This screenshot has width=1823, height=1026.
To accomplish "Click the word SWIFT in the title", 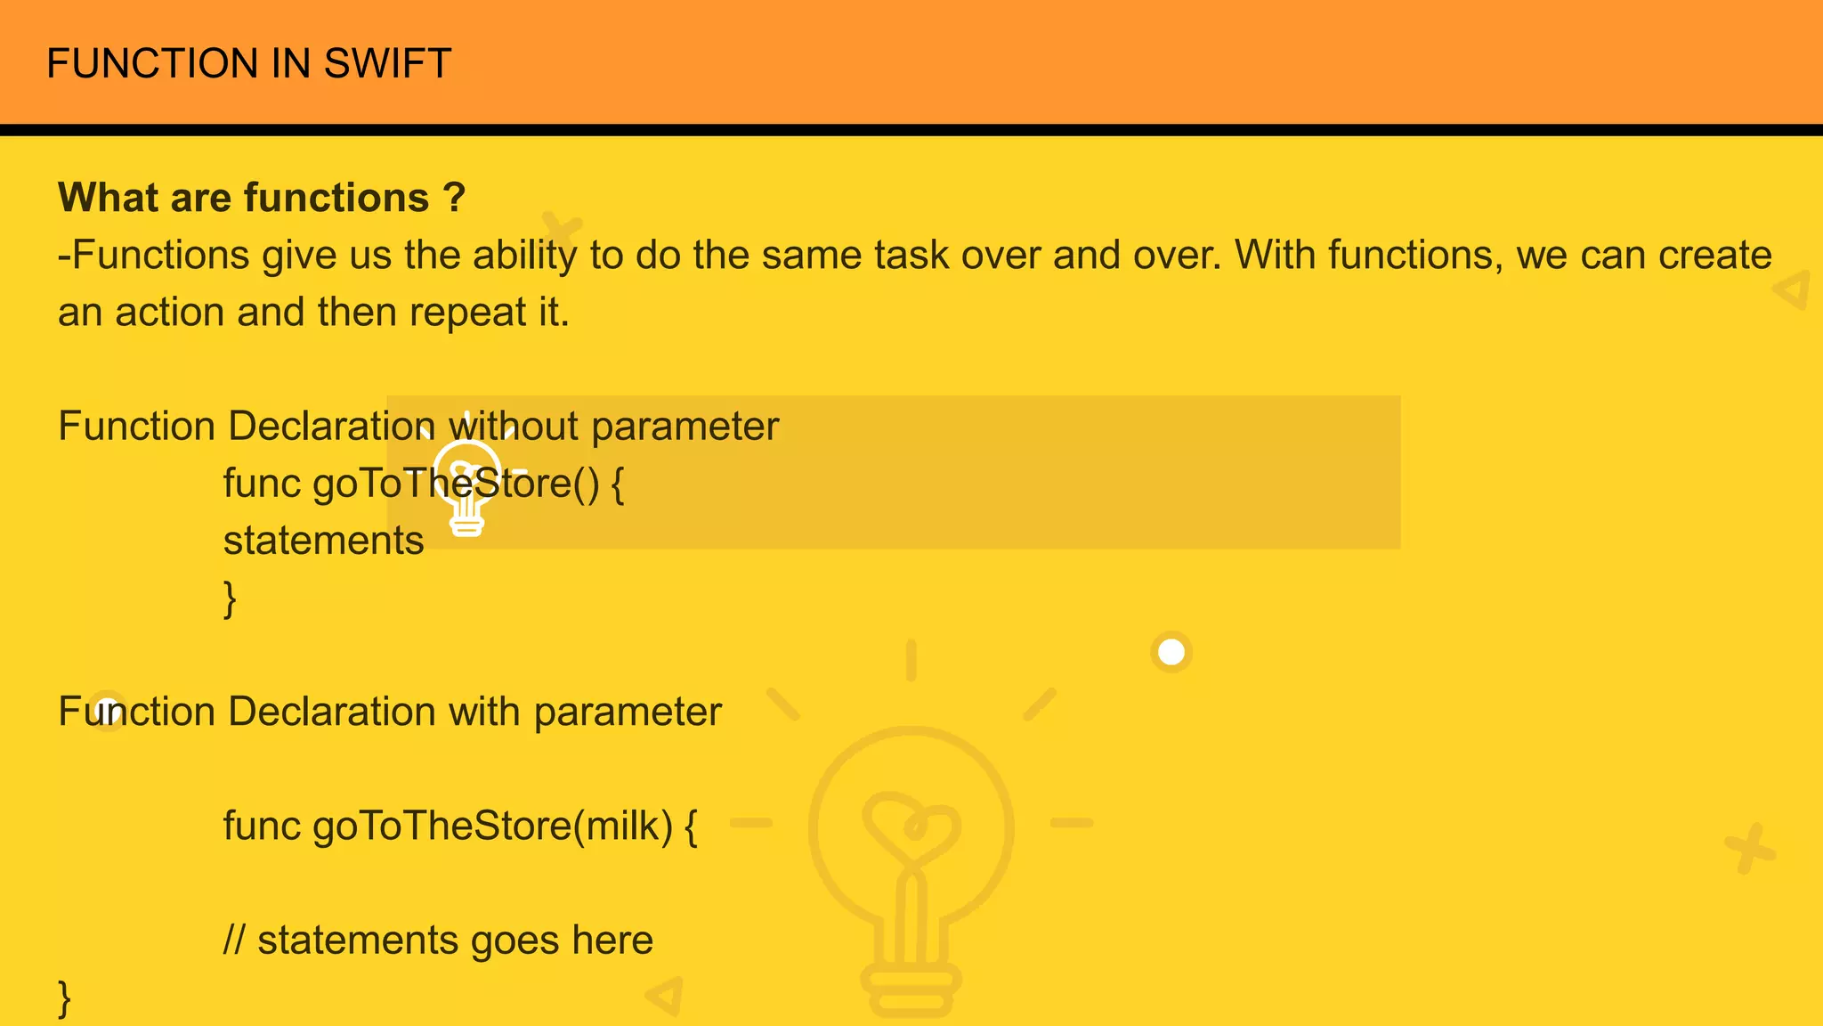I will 387,64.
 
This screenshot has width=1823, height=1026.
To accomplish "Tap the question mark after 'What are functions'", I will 454,198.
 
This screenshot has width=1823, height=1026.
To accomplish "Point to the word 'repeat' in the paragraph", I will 468,313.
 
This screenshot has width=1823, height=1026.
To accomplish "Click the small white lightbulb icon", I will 467,485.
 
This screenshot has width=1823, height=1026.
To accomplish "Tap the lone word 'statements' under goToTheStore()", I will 323,541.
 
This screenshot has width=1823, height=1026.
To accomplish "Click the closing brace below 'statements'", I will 230,598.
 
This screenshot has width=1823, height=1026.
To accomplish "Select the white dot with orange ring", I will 1171,653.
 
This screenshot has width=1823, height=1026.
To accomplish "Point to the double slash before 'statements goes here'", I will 234,940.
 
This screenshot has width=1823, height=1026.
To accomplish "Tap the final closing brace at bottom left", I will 64,998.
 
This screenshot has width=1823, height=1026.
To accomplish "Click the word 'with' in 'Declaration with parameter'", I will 484,712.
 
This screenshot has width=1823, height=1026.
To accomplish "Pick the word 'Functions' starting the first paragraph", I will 160,256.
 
